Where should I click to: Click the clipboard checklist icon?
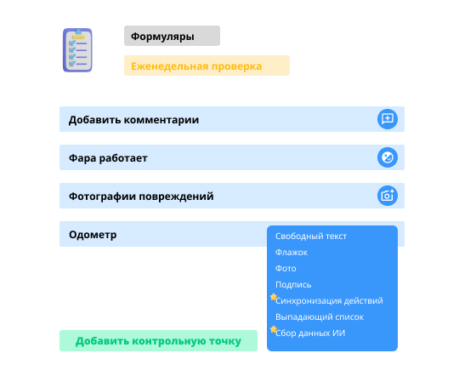pos(77,50)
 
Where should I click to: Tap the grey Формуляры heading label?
pos(172,36)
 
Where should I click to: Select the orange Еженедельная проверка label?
pos(207,66)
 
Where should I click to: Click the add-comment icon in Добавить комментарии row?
pos(388,119)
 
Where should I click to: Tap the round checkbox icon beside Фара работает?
pos(388,157)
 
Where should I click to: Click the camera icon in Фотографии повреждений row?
pos(388,196)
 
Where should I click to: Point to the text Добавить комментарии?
pos(133,120)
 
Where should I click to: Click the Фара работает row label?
pos(108,158)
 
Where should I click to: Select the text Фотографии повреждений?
pos(141,197)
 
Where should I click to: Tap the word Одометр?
pos(93,235)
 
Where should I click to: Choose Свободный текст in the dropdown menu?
pos(311,236)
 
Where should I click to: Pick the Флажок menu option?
pos(292,253)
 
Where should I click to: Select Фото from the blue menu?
pos(286,269)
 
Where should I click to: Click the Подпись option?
pos(293,285)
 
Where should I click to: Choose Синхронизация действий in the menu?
pos(329,300)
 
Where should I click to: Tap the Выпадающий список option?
pos(320,316)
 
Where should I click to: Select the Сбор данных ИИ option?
pos(310,333)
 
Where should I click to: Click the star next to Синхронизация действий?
pos(274,297)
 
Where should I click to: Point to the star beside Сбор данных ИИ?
pos(274,329)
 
